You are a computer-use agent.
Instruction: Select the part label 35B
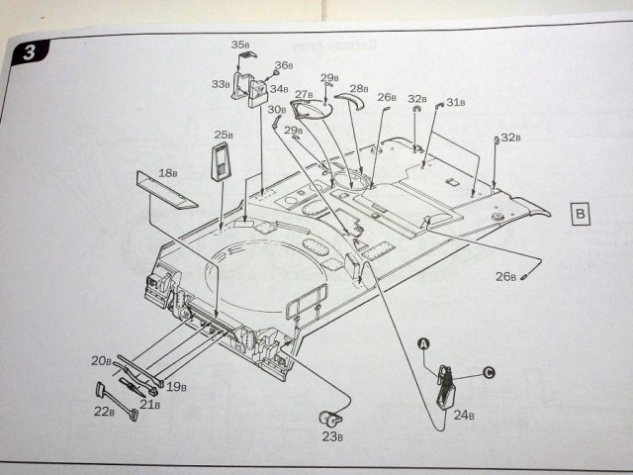tap(241, 46)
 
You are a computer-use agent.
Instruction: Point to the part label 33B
tap(220, 85)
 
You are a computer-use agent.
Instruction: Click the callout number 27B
tap(303, 94)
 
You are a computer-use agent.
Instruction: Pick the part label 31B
tap(456, 102)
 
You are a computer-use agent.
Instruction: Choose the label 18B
tap(168, 172)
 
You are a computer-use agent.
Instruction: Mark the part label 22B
tap(104, 412)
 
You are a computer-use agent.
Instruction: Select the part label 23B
tap(332, 436)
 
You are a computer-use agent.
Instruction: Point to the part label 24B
tap(464, 417)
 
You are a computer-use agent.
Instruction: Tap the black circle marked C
tap(488, 373)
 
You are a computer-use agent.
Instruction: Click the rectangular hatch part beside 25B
tap(226, 160)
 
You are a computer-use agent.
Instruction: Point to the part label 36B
tap(284, 65)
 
